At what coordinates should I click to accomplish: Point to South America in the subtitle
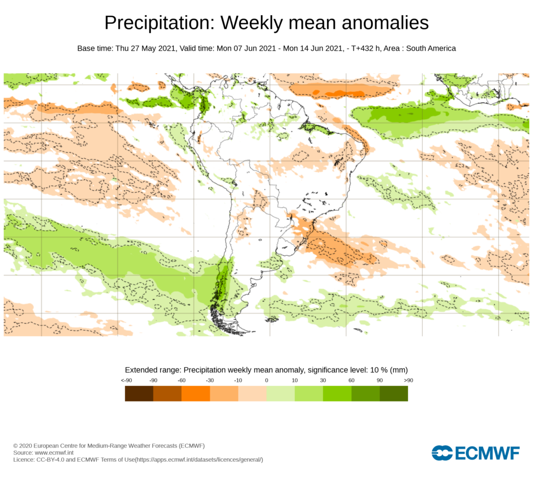pos(430,48)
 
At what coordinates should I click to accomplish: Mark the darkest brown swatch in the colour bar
pos(139,394)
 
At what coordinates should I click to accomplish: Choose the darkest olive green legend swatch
pos(394,394)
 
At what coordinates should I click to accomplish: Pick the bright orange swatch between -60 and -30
pos(196,394)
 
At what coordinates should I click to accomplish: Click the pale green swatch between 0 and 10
pos(281,394)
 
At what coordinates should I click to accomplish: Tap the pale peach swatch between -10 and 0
pos(252,394)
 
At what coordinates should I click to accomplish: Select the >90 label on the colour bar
pos(408,381)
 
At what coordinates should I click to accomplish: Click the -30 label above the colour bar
pos(210,381)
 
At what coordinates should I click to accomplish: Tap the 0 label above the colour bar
pos(266,381)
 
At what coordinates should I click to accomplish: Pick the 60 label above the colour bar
pos(351,381)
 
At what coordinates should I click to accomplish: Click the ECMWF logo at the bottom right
pos(475,453)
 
